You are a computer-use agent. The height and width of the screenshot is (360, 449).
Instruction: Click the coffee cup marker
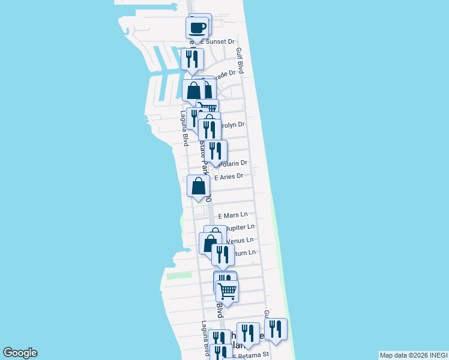[x=197, y=28]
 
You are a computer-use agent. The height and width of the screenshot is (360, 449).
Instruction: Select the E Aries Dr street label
[x=228, y=176]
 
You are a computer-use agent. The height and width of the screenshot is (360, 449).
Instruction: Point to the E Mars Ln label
[x=232, y=215]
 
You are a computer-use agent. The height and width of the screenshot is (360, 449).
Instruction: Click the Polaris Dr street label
[x=234, y=163]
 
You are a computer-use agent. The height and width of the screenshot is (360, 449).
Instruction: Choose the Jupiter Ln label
[x=240, y=227]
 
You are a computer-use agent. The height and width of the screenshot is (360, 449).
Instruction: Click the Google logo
[x=20, y=353]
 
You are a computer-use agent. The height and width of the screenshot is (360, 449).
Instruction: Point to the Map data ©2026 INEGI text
[x=414, y=355]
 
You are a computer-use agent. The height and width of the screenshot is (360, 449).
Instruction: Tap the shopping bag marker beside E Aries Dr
[x=198, y=186]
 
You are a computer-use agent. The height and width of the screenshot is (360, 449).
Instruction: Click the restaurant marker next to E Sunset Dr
[x=192, y=59]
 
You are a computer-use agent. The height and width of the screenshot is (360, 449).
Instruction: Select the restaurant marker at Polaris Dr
[x=215, y=151]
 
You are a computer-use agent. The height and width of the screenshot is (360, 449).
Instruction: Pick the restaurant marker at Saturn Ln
[x=223, y=254]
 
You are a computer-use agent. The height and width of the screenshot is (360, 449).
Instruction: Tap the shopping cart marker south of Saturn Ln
[x=228, y=292]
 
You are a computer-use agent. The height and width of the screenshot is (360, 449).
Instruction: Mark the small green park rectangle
[x=179, y=275]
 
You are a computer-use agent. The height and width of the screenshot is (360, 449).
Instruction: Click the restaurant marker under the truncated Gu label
[x=276, y=329]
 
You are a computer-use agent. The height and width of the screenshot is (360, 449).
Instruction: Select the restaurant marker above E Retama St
[x=247, y=334]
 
